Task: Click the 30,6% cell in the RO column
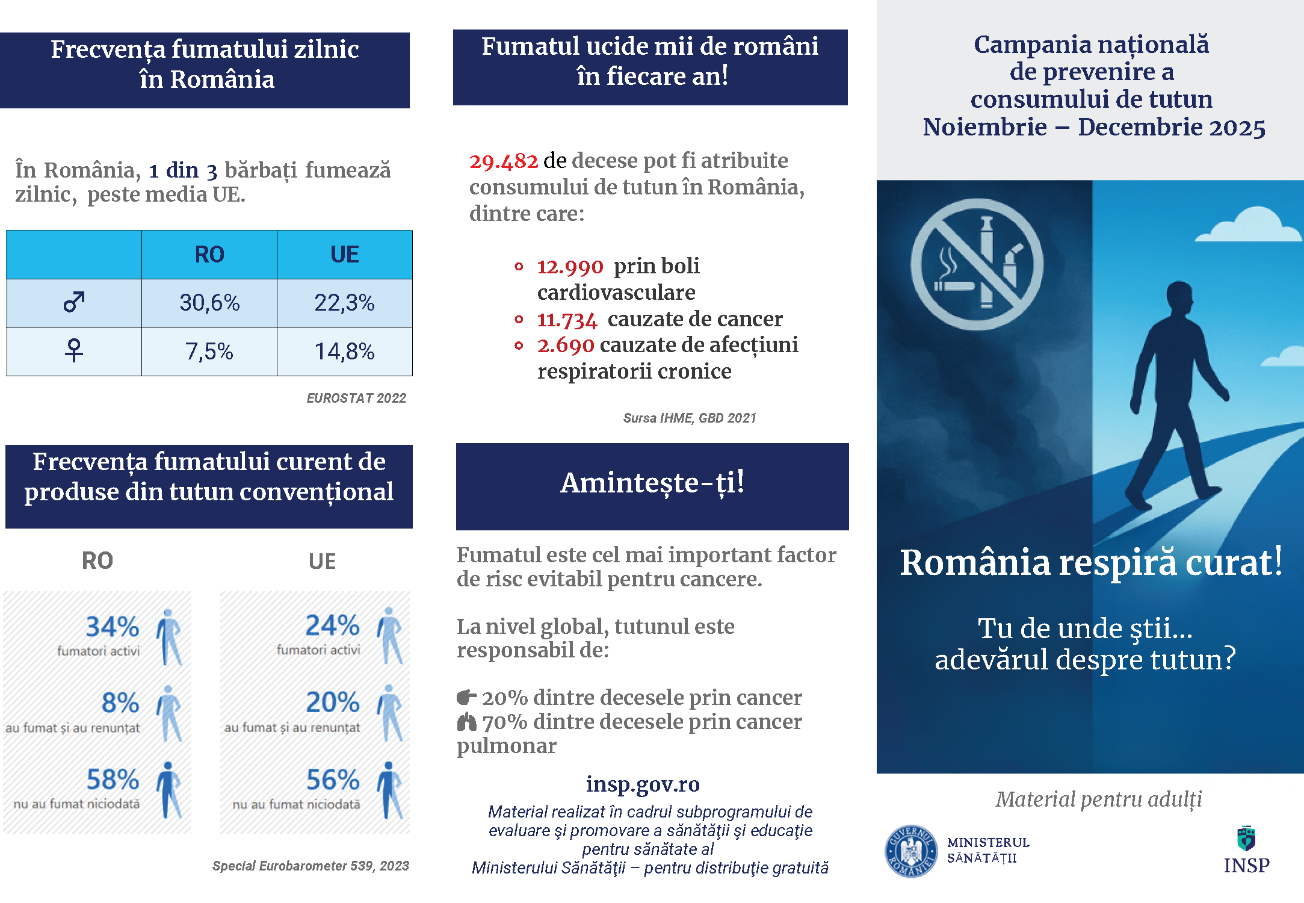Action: (x=209, y=303)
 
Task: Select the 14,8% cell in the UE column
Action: (x=344, y=352)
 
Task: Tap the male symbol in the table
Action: (x=74, y=302)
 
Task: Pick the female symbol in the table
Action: (x=74, y=350)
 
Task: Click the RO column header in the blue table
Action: (x=209, y=255)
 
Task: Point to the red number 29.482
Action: (x=504, y=161)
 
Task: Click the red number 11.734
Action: (x=567, y=320)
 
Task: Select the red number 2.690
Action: (x=566, y=346)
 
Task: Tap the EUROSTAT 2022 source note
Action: (x=356, y=398)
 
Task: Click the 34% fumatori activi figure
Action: (x=113, y=627)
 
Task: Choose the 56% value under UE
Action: (x=333, y=780)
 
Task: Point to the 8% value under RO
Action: (x=120, y=703)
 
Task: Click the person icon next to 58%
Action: (x=169, y=790)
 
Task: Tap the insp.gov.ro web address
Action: (x=643, y=784)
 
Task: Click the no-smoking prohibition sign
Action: (x=976, y=265)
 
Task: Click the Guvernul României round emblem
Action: (x=911, y=851)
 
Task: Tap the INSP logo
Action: (x=1246, y=851)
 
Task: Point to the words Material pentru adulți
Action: (x=1099, y=799)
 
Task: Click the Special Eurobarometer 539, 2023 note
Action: (x=311, y=866)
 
